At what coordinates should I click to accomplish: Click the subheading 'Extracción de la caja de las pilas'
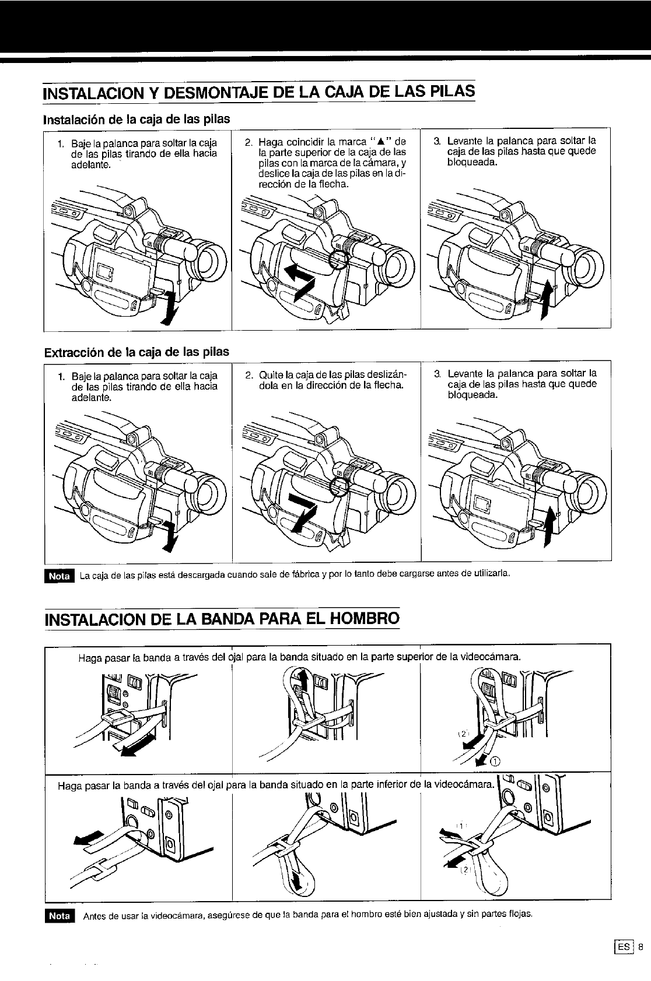tap(136, 352)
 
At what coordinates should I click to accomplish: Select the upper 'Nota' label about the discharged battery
tap(60, 576)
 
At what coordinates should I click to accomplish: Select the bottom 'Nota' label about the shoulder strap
tap(60, 916)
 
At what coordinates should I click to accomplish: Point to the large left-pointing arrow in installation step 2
tap(300, 282)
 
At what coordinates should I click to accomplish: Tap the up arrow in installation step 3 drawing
tap(545, 300)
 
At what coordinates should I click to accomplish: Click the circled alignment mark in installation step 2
tap(339, 260)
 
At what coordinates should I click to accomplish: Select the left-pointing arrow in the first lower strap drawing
tap(89, 837)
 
